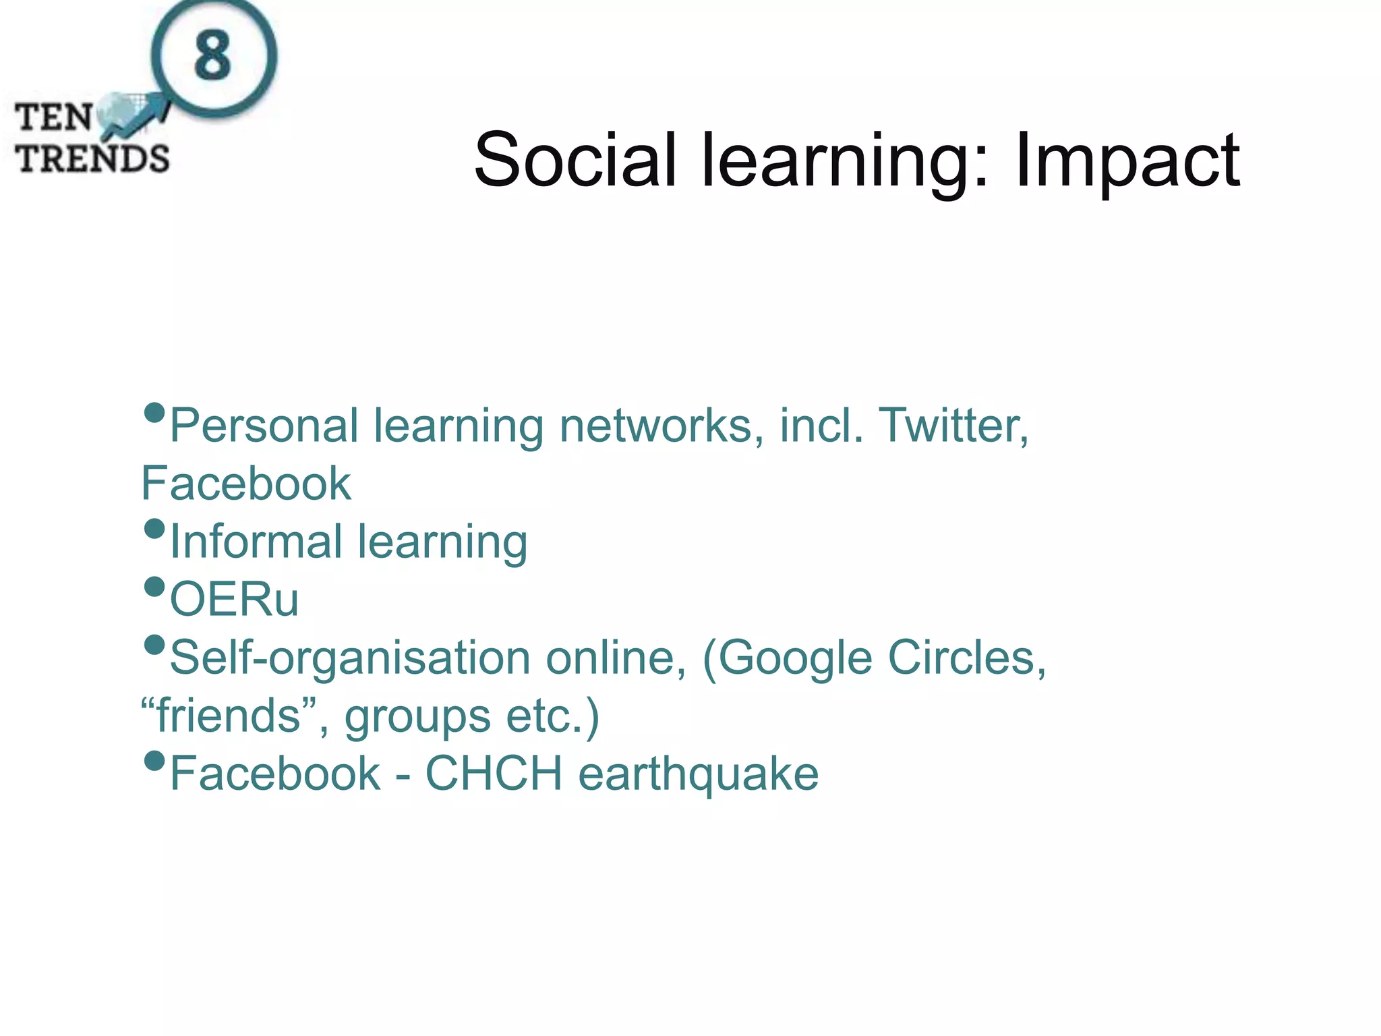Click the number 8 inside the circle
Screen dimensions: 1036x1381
pos(213,56)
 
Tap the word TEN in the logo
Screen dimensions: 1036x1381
pos(54,117)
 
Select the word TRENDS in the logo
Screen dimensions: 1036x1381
pos(92,159)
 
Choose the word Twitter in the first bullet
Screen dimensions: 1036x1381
pos(953,426)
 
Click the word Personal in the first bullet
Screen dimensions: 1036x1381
pos(264,426)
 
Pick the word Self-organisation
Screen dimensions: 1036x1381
pos(350,658)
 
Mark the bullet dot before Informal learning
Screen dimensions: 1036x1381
pos(154,528)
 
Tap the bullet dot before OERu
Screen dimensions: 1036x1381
pos(154,586)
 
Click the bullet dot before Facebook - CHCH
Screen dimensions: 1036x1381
pos(154,761)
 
